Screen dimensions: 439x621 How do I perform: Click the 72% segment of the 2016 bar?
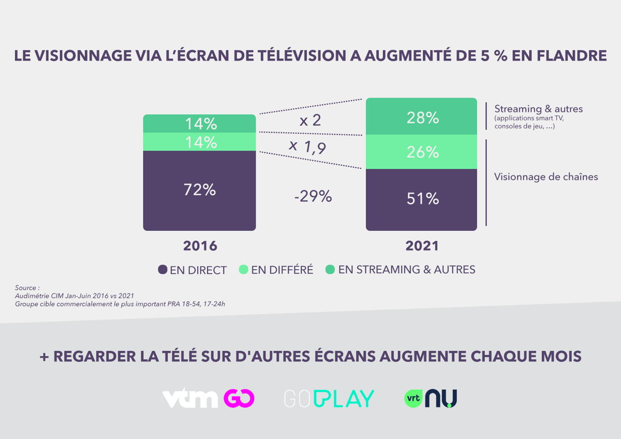[199, 190]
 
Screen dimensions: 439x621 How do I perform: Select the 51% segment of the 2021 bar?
[422, 199]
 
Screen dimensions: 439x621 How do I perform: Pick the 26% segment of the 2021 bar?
[422, 152]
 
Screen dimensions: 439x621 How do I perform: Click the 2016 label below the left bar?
[200, 246]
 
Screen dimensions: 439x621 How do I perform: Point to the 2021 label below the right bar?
[422, 246]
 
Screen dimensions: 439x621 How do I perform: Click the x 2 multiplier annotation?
[310, 121]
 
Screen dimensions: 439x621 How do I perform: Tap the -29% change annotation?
[313, 197]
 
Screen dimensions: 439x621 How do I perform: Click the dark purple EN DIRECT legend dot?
[162, 270]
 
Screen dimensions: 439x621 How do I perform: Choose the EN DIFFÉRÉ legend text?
[282, 270]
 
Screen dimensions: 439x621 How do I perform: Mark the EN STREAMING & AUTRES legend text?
[406, 270]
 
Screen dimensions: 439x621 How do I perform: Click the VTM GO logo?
[209, 398]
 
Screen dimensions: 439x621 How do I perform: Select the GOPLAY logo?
[329, 398]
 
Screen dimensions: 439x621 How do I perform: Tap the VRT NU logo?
[431, 398]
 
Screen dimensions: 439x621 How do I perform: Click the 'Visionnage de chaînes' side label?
[546, 177]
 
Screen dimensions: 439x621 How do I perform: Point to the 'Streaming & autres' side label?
[538, 109]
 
